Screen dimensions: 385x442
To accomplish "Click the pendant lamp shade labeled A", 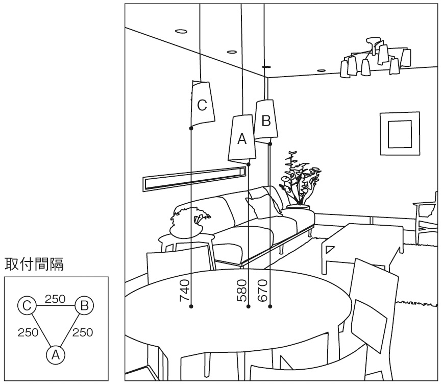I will point(241,139).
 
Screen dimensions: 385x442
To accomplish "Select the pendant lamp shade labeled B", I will point(266,121).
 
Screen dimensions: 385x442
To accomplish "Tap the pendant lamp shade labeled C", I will point(203,105).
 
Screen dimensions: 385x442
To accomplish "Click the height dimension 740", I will point(185,290).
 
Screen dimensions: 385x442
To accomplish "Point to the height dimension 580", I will point(242,290).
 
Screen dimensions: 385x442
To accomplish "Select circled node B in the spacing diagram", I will point(85,306).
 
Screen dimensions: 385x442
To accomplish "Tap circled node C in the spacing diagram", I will point(27,306).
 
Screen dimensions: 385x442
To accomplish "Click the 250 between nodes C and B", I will point(55,299).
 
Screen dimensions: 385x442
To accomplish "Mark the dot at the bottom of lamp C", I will point(190,129).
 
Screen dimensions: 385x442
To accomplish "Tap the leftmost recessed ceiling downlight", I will point(181,31).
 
